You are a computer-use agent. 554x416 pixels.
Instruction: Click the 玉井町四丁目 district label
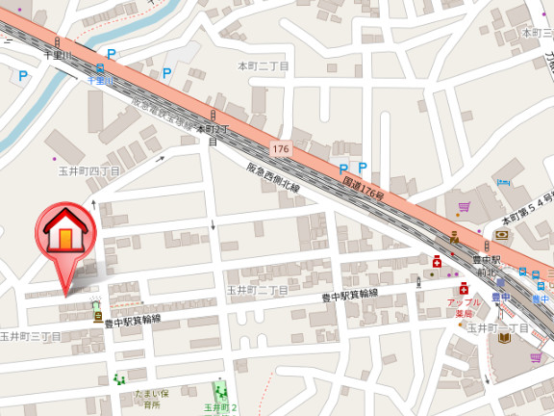point(88,170)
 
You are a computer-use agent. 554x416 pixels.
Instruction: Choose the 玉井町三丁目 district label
point(31,336)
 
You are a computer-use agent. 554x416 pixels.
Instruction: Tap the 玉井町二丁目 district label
point(257,290)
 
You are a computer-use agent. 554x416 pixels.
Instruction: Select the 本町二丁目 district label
point(263,65)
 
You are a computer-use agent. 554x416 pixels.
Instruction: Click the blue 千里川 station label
point(100,81)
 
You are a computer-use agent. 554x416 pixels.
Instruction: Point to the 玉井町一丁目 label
point(497,327)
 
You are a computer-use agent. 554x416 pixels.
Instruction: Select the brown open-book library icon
point(501,234)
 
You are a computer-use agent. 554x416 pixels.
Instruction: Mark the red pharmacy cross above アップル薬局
point(464,287)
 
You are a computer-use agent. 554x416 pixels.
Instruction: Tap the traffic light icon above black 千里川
point(58,42)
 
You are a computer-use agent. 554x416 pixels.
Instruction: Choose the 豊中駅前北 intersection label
point(487,266)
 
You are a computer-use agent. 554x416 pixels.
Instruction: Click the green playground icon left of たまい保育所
point(120,378)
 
